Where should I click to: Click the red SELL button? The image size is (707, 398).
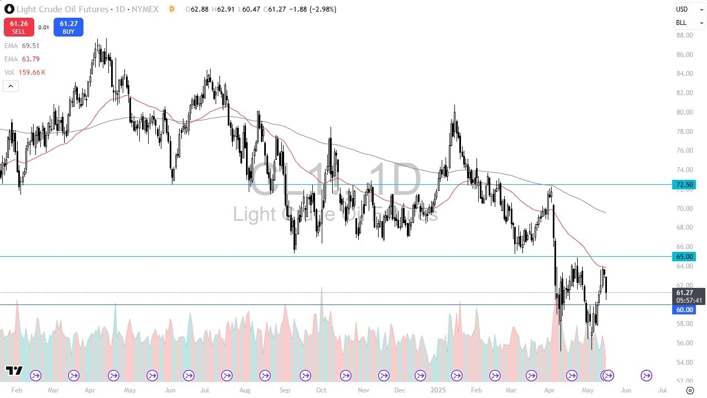[x=18, y=27]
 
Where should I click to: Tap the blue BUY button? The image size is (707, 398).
[x=69, y=27]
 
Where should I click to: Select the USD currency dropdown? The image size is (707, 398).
[x=689, y=9]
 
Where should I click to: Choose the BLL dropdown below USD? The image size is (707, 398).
[x=689, y=23]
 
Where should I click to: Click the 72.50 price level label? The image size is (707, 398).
[x=684, y=184]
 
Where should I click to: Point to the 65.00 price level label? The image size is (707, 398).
[x=684, y=256]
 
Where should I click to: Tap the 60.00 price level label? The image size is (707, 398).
[x=684, y=310]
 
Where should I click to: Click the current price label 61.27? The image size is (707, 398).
[x=684, y=292]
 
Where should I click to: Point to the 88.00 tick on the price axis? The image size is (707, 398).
[x=684, y=35]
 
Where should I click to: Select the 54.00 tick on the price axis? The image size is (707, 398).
[x=684, y=362]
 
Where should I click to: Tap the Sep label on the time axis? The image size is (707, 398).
[x=285, y=390]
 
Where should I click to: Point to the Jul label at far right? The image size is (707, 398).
[x=663, y=390]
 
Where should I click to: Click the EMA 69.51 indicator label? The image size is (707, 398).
[x=22, y=46]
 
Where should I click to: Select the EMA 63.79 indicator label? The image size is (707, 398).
[x=22, y=59]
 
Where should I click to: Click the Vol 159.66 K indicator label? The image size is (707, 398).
[x=25, y=72]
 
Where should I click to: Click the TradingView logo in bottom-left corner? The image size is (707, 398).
[x=14, y=371]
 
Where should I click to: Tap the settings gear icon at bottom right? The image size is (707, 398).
[x=690, y=390]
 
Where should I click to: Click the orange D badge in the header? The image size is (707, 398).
[x=172, y=9]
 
